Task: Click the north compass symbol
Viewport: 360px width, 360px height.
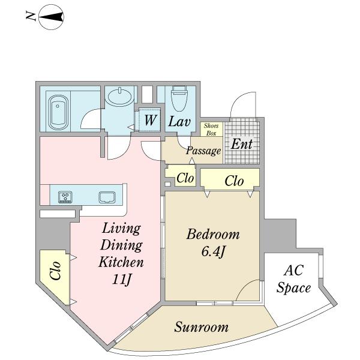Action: tap(51, 17)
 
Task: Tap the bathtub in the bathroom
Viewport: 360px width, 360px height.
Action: tap(58, 113)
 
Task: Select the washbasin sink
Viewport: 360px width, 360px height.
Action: tap(119, 97)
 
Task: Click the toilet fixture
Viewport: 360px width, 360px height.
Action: tap(180, 98)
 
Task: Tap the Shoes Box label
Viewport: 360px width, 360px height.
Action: tap(211, 129)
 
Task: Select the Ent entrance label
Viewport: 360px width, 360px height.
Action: tap(242, 144)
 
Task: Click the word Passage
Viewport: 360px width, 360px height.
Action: tap(203, 151)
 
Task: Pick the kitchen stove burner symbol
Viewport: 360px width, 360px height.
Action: tap(65, 197)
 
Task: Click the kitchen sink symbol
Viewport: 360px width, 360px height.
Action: tap(107, 197)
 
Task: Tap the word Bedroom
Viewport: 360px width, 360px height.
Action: tap(213, 235)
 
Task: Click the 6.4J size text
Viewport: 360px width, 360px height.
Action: tap(212, 252)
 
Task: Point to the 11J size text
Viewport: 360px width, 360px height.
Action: tap(122, 279)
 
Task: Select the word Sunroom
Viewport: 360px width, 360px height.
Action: tap(202, 327)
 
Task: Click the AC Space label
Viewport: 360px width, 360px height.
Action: tap(293, 278)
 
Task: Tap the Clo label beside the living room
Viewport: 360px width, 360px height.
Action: tap(56, 271)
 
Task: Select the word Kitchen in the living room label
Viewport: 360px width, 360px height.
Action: tap(121, 262)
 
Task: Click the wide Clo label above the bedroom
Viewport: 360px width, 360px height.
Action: tap(234, 181)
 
